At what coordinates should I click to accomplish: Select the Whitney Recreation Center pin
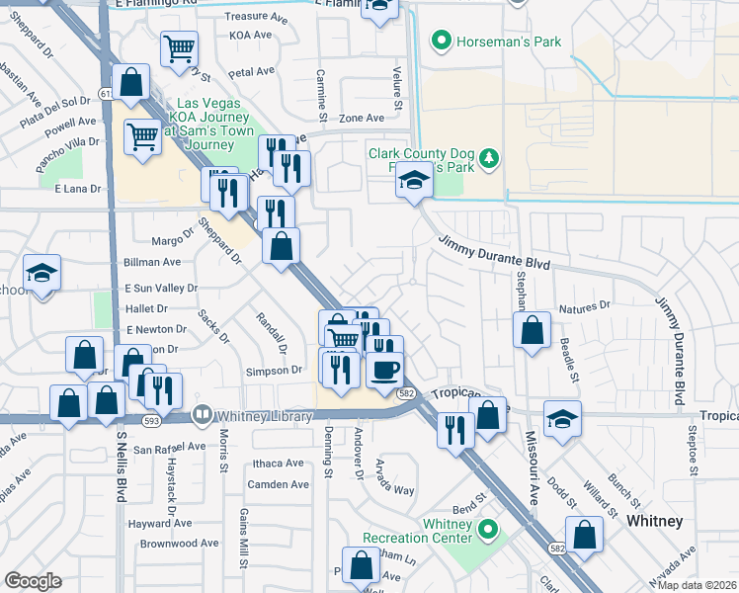click(x=485, y=531)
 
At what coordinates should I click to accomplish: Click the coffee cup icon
click(x=384, y=370)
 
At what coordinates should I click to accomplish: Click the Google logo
click(x=33, y=581)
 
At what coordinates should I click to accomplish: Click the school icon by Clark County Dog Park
click(x=414, y=181)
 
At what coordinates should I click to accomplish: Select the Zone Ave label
click(x=361, y=118)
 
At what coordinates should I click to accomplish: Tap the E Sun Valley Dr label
click(x=161, y=288)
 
